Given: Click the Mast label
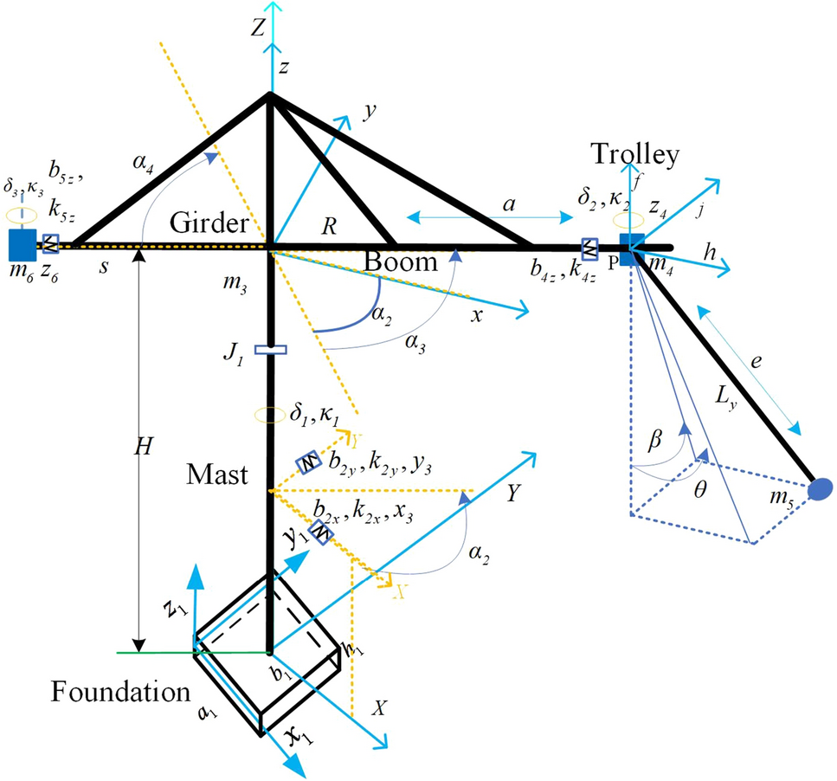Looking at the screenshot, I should [216, 474].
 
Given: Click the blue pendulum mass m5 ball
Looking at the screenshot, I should [819, 490].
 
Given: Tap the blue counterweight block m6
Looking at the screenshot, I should [20, 244].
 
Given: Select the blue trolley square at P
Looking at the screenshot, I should [632, 244].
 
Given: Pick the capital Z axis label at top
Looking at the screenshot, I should [257, 29].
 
